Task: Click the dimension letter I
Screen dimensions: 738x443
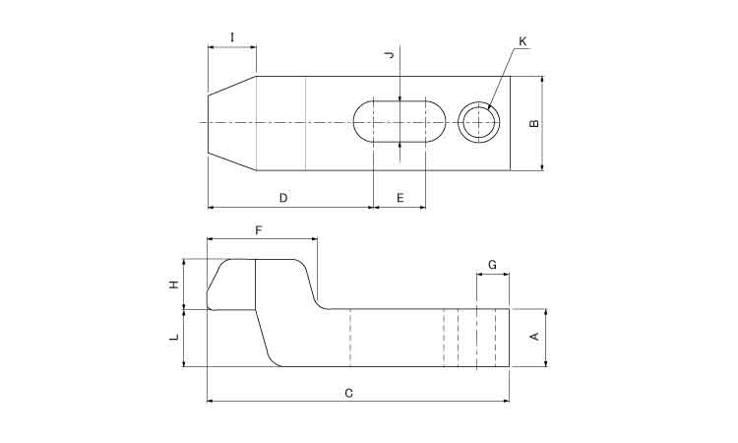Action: click(x=232, y=37)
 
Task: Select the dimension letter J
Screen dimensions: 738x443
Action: click(x=389, y=55)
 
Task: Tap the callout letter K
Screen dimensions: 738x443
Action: click(x=523, y=41)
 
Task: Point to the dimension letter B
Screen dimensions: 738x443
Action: click(x=534, y=123)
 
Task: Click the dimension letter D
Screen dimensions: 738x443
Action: click(x=283, y=198)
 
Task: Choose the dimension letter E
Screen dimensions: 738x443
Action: click(x=400, y=198)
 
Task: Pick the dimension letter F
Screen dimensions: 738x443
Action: click(x=259, y=230)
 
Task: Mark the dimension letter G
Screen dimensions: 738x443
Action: click(x=492, y=265)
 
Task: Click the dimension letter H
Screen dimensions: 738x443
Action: click(x=174, y=285)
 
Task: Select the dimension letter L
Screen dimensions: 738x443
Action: click(x=174, y=337)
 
